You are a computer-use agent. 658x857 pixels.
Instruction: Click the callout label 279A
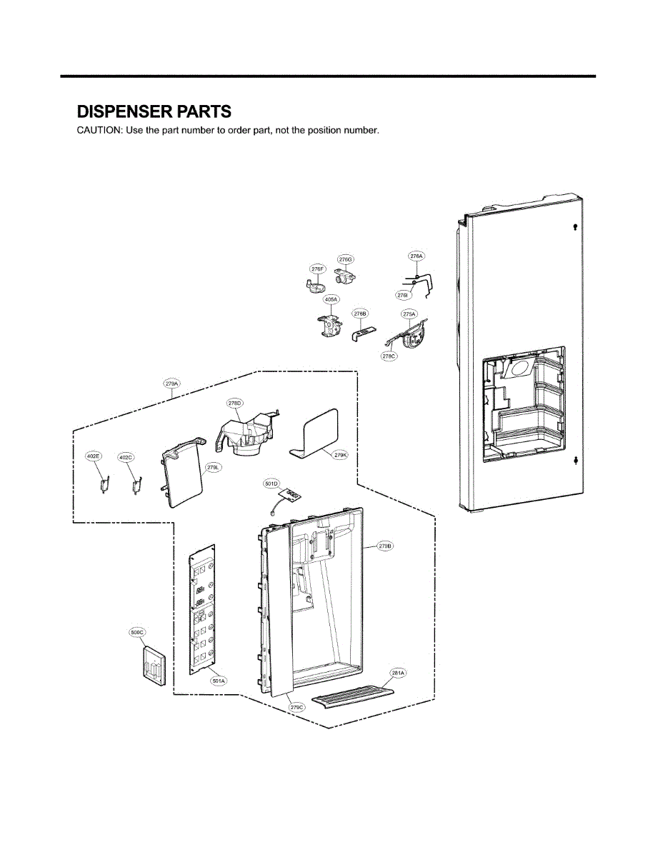click(171, 384)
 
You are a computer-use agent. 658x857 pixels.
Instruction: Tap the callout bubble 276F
click(318, 269)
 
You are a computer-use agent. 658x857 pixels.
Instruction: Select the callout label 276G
click(346, 259)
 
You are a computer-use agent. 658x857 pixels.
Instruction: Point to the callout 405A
click(332, 301)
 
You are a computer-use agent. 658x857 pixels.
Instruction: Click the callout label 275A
click(409, 314)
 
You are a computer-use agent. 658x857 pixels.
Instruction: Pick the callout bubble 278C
click(389, 356)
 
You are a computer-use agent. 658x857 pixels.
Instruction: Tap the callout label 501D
click(272, 483)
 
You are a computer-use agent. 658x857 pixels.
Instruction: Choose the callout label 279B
click(385, 546)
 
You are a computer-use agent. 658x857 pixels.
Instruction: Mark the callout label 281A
click(397, 673)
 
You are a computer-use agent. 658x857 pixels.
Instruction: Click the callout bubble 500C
click(137, 632)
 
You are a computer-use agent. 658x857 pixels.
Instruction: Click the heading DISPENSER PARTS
click(154, 111)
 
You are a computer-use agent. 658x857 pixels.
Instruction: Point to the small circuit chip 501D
click(291, 495)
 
